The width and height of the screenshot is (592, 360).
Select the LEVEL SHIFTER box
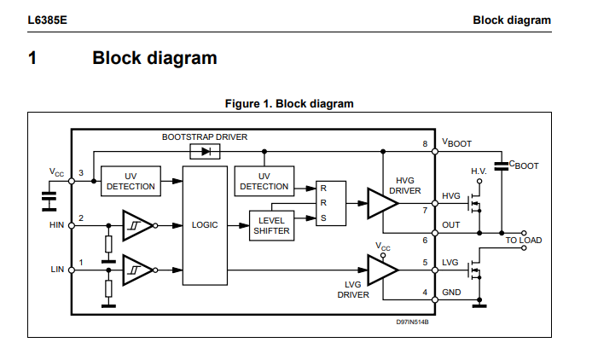pos(271,225)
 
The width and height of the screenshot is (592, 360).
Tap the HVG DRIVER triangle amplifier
pos(373,202)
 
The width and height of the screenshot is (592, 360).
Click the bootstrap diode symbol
pos(205,151)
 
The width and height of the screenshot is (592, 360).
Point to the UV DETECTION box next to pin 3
pos(131,180)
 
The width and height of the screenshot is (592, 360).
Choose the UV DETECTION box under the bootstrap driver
pos(264,180)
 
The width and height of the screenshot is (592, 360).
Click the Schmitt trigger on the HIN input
pos(137,225)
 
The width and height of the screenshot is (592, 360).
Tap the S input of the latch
pos(323,218)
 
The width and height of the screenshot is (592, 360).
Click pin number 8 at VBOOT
pos(424,143)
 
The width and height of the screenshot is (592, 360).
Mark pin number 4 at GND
pos(424,293)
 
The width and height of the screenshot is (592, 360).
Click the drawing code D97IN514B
pos(412,322)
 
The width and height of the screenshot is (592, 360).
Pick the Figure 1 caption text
pos(288,104)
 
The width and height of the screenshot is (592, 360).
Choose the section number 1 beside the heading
pos(32,58)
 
